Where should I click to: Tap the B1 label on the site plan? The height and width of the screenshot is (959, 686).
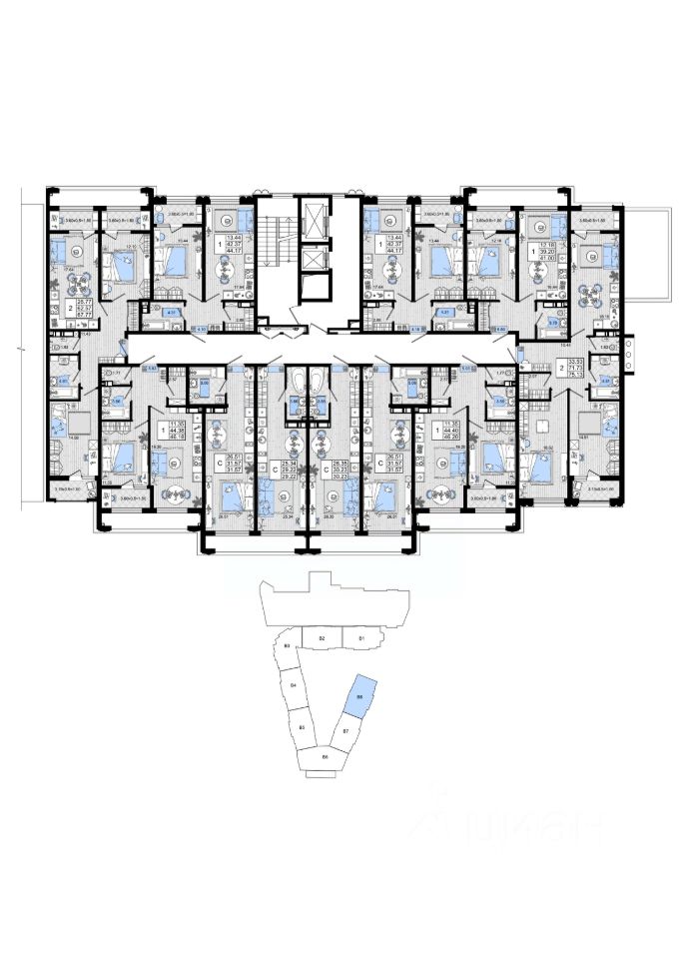point(361,636)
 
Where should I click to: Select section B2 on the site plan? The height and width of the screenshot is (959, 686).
point(322,636)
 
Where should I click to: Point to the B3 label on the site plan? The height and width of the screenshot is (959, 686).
point(287,647)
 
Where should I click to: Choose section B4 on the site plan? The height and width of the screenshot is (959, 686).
point(294,686)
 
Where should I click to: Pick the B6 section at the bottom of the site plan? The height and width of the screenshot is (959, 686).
point(326,757)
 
